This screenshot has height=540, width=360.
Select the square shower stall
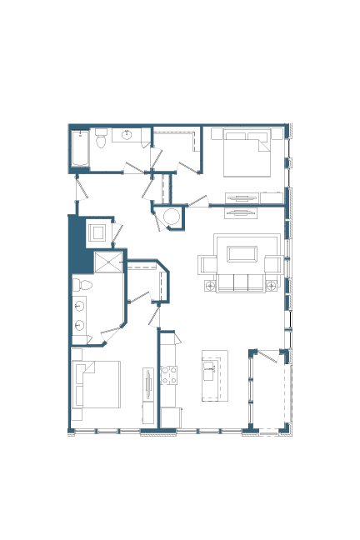(x=107, y=262)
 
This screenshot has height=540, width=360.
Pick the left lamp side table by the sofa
(x=210, y=286)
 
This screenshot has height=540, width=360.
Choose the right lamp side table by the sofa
(x=271, y=286)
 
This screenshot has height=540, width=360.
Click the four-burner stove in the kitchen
(x=168, y=375)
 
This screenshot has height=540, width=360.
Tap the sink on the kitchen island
(x=210, y=371)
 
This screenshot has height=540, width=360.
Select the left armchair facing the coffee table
(x=207, y=264)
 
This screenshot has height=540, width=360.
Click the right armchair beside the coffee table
(x=272, y=264)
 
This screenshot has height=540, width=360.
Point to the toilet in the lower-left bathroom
(x=77, y=285)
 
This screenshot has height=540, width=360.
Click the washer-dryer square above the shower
(x=97, y=232)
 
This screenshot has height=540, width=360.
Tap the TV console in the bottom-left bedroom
(x=148, y=384)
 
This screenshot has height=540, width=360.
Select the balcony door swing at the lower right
(x=267, y=358)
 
